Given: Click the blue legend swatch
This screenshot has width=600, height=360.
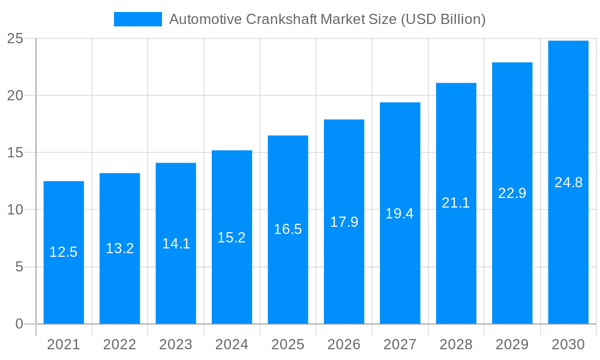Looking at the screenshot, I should [x=138, y=19].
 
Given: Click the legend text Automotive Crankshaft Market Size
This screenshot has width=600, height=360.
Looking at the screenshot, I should [x=327, y=19].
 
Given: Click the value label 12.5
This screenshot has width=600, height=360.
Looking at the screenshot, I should [x=64, y=252].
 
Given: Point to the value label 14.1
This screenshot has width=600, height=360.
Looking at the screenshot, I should [x=176, y=244].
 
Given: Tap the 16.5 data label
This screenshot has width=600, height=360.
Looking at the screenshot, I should [x=288, y=229].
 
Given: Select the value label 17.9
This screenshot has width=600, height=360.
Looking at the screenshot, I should [x=344, y=222].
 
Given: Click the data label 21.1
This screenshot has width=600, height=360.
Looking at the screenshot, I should [x=456, y=203].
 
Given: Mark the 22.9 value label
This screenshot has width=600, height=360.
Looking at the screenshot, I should [x=512, y=193].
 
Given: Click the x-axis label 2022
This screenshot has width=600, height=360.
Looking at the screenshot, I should [x=119, y=344].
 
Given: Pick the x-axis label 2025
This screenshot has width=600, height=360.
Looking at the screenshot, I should [x=288, y=344].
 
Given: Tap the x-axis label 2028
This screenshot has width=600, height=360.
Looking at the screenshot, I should [x=456, y=344].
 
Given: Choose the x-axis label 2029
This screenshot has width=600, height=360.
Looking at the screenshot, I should [x=512, y=344].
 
